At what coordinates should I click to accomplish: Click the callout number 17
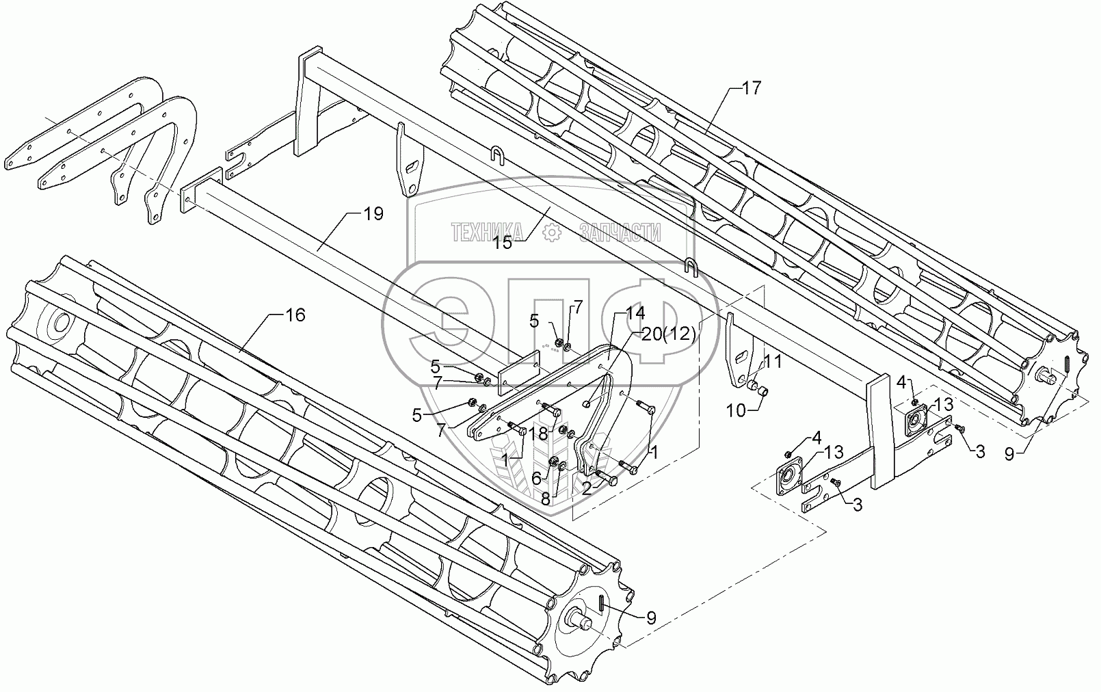click(x=750, y=88)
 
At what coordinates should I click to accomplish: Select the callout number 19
click(x=373, y=214)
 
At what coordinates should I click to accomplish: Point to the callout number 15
click(x=503, y=242)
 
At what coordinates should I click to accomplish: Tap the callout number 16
click(x=295, y=315)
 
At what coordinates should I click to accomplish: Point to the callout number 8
click(x=544, y=498)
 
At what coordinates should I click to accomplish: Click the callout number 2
click(x=587, y=487)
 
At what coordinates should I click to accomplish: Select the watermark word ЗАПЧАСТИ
click(x=620, y=233)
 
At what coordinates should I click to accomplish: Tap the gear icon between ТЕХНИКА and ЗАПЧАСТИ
click(x=550, y=233)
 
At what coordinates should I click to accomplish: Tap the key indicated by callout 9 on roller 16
click(x=599, y=603)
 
